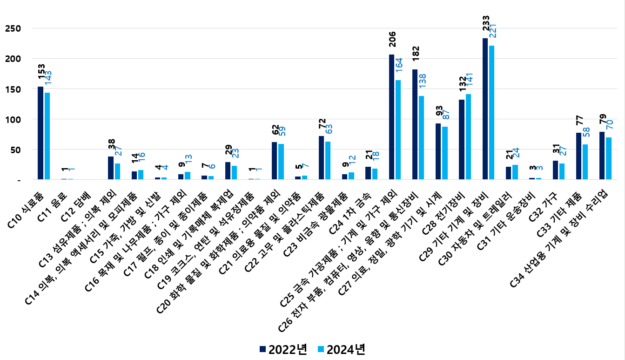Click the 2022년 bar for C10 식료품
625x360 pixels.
[40, 133]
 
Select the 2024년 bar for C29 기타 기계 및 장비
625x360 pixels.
[491, 112]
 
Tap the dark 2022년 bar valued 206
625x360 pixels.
[391, 117]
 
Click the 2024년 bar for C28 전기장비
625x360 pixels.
[468, 136]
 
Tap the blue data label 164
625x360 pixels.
[398, 69]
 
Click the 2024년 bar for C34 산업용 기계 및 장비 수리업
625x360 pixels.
[609, 158]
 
